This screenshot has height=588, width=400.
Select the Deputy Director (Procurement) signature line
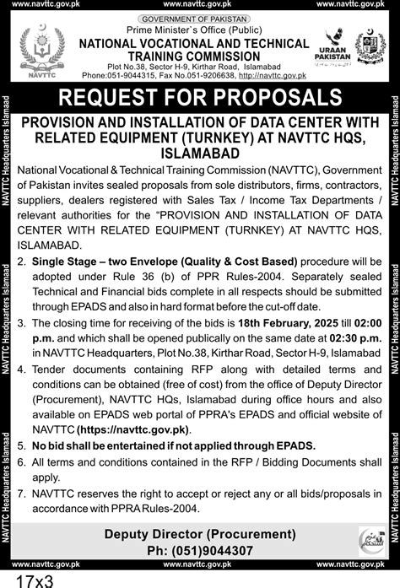(x=200, y=533)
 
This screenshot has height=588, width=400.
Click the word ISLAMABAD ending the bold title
(x=200, y=154)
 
